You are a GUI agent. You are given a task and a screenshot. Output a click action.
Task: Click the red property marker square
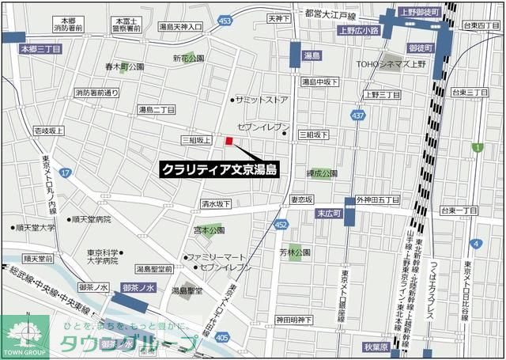tap(229, 141)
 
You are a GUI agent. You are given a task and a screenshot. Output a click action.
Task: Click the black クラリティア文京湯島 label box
tap(219, 169)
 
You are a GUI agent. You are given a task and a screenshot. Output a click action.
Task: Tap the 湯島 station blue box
tap(310, 56)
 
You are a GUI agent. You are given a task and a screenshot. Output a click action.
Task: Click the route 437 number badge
tap(358, 116)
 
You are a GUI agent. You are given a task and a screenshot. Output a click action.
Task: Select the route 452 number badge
tap(281, 225)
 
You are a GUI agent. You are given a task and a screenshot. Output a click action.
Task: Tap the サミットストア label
tap(262, 100)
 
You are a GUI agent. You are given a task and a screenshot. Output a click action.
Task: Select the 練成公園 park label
tap(322, 172)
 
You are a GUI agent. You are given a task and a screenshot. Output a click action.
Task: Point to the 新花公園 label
tap(189, 58)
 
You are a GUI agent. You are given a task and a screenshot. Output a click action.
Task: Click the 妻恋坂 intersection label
tap(301, 199)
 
